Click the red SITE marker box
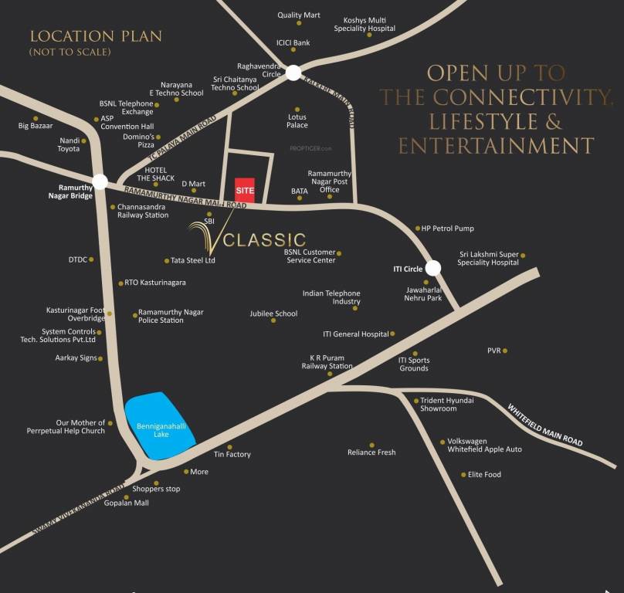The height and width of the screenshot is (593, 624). point(245,190)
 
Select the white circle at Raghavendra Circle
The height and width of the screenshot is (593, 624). point(293,73)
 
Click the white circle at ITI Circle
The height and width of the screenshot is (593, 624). point(433,267)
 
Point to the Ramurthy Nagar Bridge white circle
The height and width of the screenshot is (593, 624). point(100,182)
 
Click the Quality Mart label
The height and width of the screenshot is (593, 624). point(299,15)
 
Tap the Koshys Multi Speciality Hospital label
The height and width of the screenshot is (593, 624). point(365,24)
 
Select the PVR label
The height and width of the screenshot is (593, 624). point(494,351)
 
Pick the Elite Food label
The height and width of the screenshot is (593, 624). point(484,475)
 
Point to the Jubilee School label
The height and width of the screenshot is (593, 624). point(273,313)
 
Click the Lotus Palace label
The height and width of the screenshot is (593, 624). point(297,121)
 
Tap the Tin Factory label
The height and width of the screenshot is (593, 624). point(232,454)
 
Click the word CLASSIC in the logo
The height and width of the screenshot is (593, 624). point(265,240)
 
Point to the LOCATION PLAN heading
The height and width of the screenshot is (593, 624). point(96,36)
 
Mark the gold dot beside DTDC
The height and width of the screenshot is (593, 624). point(91,259)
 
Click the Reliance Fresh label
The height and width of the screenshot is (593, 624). point(371,452)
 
